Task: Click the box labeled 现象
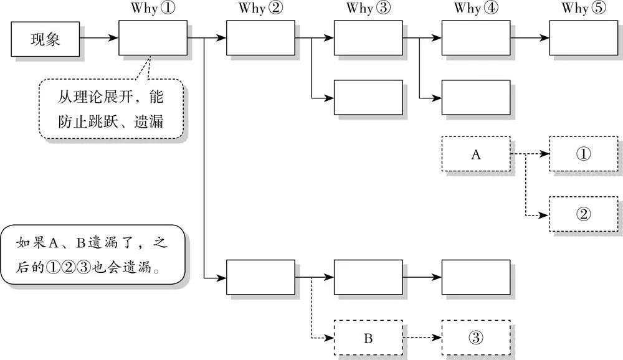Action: pos(45,39)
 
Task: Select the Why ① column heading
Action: pos(153,9)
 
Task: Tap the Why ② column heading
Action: pos(260,9)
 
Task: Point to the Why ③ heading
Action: pos(368,9)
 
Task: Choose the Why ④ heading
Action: pos(476,9)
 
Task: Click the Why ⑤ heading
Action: pos(584,9)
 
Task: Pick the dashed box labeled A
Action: pos(476,154)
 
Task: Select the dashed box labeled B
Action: pos(368,338)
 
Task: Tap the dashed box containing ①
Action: pos(584,154)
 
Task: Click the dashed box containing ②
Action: pos(584,214)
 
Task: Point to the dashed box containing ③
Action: pos(476,338)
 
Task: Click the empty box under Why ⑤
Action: pos(584,38)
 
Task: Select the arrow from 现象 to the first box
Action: pos(98,39)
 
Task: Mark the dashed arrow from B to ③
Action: pos(422,338)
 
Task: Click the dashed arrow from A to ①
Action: pos(530,154)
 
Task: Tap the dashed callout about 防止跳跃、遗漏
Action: pos(112,108)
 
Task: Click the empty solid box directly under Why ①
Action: pos(153,38)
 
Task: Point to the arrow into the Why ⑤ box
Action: pos(530,38)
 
